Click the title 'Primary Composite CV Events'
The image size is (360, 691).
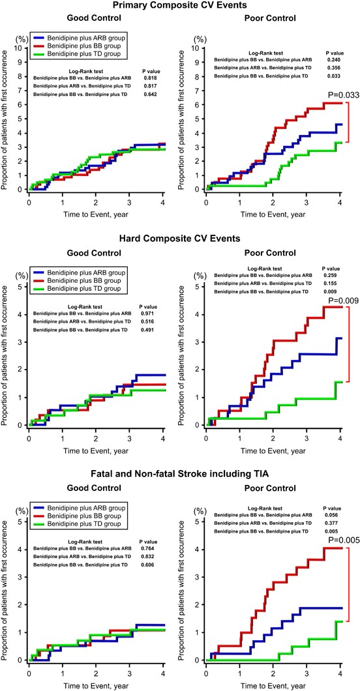click(179, 6)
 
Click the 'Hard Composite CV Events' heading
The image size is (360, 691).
click(179, 239)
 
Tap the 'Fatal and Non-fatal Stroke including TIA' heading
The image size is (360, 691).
click(180, 474)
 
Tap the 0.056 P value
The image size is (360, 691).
click(329, 515)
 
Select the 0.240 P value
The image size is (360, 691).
click(333, 59)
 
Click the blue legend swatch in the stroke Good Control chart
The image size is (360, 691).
click(39, 507)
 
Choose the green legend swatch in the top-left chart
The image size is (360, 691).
click(39, 54)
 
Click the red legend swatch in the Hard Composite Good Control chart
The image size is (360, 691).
click(39, 280)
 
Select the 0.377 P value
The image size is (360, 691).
click(329, 522)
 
